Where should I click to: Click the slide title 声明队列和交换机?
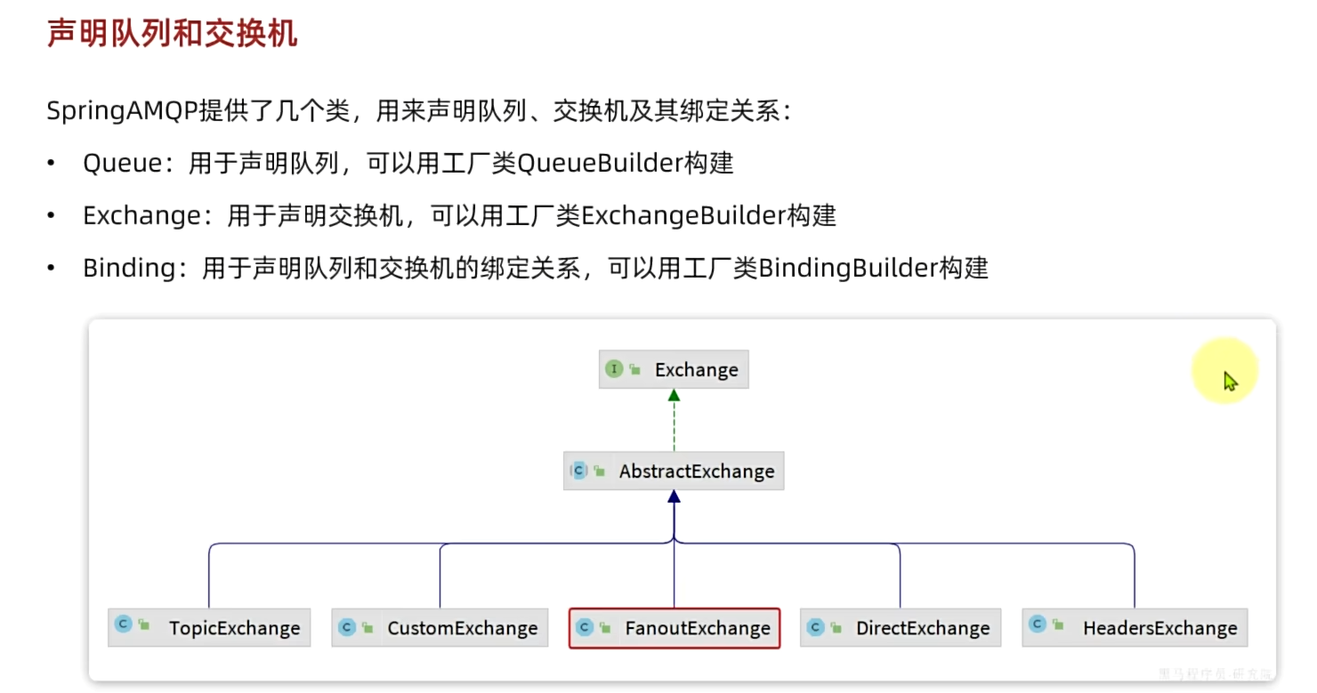(172, 33)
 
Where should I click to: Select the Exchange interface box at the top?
(674, 369)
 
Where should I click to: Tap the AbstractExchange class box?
(674, 471)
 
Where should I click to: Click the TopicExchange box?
(209, 627)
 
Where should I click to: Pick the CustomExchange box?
(440, 627)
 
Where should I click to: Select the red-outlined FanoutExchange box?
(675, 627)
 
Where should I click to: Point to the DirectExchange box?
(901, 627)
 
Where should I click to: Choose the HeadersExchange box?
(1135, 627)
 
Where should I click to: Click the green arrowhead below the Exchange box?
(674, 396)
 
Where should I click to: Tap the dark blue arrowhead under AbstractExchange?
(674, 497)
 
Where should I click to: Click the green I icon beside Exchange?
(614, 369)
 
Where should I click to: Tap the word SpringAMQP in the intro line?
(122, 112)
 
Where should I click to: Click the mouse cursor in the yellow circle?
(1230, 380)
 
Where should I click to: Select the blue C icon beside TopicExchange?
(124, 625)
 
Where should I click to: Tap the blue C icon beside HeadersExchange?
(1038, 625)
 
